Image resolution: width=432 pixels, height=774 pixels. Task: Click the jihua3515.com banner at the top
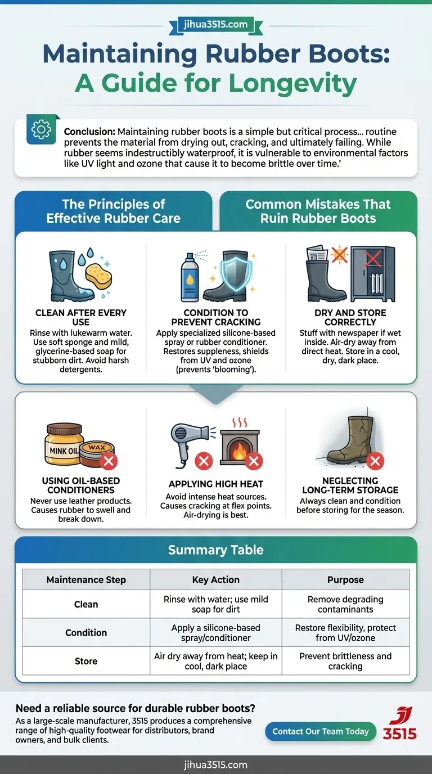click(x=215, y=25)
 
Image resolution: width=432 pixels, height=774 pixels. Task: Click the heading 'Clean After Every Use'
click(x=81, y=317)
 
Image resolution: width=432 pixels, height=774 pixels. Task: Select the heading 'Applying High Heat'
click(x=216, y=484)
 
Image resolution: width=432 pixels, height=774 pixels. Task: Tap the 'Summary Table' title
click(x=216, y=550)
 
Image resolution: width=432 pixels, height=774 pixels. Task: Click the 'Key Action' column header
click(x=216, y=579)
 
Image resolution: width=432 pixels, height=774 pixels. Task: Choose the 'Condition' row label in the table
click(x=86, y=632)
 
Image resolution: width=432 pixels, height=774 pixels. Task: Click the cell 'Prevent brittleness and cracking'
click(x=345, y=661)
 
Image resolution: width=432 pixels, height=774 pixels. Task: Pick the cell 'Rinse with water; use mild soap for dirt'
click(x=216, y=604)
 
